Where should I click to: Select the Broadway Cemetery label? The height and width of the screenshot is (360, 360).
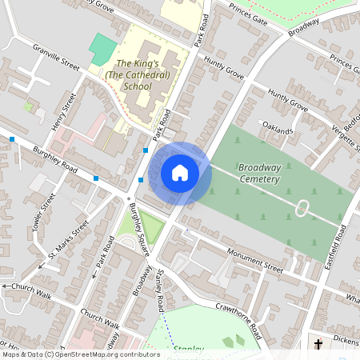(x=259, y=173)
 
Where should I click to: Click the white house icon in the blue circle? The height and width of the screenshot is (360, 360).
(x=180, y=173)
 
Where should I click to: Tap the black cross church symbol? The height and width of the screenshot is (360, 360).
(x=318, y=345)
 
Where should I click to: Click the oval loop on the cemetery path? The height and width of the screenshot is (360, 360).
(x=302, y=210)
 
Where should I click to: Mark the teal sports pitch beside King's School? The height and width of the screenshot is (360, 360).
(x=102, y=47)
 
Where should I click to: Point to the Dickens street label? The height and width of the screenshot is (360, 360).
(x=346, y=340)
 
